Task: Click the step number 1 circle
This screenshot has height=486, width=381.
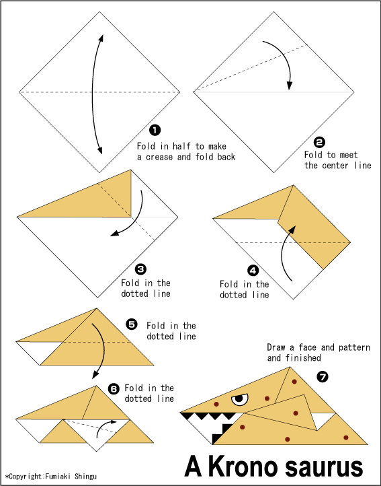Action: click(155, 130)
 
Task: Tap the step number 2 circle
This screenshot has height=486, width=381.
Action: click(319, 142)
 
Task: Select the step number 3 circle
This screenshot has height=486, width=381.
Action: click(140, 269)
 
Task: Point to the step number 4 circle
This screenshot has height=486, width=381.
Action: click(253, 271)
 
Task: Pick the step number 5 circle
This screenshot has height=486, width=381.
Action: click(132, 324)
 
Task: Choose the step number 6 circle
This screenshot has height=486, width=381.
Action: click(114, 388)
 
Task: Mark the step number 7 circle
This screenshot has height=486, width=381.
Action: click(323, 377)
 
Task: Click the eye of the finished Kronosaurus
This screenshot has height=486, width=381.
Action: click(240, 399)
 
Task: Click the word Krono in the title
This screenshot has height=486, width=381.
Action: click(243, 466)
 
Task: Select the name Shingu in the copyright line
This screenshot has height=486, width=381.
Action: click(85, 477)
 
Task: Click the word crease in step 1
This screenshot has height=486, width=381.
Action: click(159, 157)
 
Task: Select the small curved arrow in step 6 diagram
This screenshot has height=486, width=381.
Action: click(104, 427)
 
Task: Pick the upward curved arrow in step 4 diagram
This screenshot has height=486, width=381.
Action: click(286, 252)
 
